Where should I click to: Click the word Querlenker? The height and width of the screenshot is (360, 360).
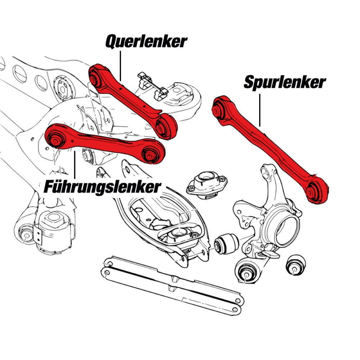tap(146, 42)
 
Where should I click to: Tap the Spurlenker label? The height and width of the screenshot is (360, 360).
tap(284, 82)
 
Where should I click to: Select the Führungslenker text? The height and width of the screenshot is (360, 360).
tap(102, 186)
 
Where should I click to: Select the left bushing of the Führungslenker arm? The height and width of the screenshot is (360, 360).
tap(55, 139)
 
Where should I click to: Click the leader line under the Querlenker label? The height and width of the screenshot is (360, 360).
tap(121, 65)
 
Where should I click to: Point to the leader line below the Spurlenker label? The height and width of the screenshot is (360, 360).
tap(260, 108)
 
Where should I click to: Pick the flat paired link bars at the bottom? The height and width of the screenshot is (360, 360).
tap(173, 284)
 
